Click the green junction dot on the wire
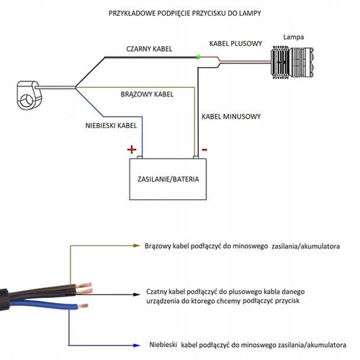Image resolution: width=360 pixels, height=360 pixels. tap(198, 57)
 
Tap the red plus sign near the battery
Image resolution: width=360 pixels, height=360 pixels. tap(132, 150)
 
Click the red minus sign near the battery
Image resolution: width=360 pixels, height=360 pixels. tap(204, 150)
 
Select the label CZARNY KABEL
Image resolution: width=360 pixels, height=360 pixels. tap(149, 49)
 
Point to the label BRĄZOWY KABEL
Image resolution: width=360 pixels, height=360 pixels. tap(147, 94)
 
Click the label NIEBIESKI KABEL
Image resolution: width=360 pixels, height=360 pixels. tap(111, 125)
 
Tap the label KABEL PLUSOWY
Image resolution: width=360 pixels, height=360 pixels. tap(235, 44)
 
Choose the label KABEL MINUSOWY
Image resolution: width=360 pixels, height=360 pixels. tap(231, 117)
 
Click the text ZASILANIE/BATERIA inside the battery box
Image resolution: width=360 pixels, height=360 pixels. tap(168, 179)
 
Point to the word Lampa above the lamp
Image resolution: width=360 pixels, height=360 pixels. tap(294, 37)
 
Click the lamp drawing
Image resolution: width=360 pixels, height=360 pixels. tap(292, 63)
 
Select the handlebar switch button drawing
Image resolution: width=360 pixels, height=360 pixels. tap(28, 95)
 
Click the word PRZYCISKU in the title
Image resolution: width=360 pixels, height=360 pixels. tap(205, 13)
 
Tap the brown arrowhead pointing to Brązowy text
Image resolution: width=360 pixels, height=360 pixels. tap(137, 246)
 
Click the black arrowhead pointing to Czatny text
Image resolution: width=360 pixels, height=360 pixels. tap(137, 294)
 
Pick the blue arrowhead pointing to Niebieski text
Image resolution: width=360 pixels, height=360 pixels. tap(137, 346)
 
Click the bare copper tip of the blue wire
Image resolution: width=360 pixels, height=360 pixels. tap(83, 306)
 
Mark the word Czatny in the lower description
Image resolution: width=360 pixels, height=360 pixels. tap(157, 292)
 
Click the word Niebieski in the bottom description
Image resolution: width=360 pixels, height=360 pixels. tap(163, 345)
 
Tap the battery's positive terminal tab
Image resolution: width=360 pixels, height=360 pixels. tap(140, 158)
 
